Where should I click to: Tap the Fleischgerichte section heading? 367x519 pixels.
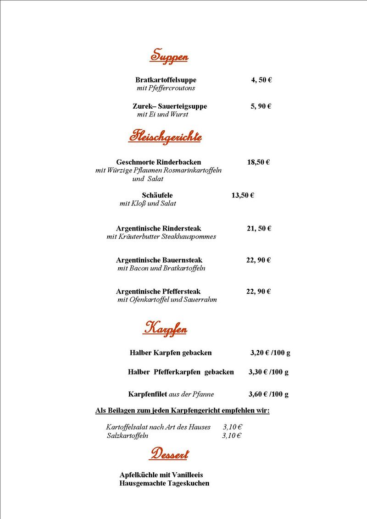point(165,136)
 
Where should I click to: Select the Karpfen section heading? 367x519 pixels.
point(165,328)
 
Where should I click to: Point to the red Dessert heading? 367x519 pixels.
point(169,454)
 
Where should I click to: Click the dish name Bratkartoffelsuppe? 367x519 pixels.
point(166,80)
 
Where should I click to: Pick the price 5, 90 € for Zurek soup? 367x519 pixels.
point(261,106)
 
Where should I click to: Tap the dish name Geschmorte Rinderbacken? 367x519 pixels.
point(158,162)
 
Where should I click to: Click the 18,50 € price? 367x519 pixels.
point(258,162)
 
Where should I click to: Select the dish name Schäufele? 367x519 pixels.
point(157,195)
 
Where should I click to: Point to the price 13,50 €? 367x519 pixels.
point(243,195)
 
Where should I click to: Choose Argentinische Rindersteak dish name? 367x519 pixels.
point(158,228)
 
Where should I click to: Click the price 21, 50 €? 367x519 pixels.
point(259,228)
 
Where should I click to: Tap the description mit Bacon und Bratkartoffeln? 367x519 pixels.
point(161,268)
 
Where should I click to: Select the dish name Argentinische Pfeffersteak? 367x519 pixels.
point(158,292)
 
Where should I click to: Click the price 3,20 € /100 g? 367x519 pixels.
point(270,353)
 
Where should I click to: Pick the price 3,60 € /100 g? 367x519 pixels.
point(268,394)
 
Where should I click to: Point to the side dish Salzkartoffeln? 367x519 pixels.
point(128,436)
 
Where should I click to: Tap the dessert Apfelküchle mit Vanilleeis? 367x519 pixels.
point(161,475)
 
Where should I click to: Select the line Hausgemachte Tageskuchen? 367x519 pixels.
point(164,483)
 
